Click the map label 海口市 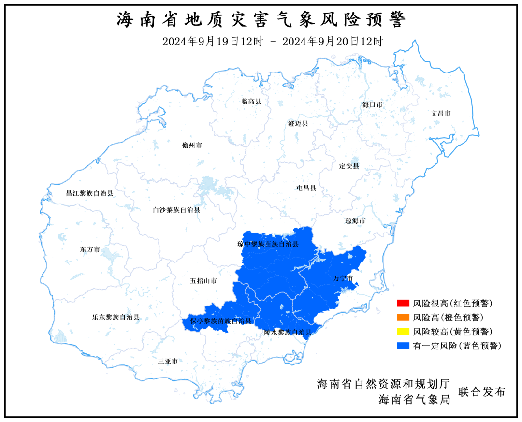point(373,104)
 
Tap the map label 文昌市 point(441,113)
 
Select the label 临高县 point(251,102)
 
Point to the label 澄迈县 point(298,124)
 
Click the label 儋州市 point(192,146)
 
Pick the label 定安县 point(349,166)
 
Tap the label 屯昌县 point(306,188)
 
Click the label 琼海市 point(355,221)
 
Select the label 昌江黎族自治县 point(89,193)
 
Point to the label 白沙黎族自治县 point(176,210)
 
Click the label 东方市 point(90,250)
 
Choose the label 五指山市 point(203,281)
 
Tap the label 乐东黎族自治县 point(116,318)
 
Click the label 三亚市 point(168,361)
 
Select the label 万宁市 point(343,279)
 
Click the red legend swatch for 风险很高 point(402,304)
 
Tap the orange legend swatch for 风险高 point(402,318)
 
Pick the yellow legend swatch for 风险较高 point(402,332)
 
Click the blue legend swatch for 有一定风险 point(402,346)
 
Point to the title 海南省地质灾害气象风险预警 point(261,20)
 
